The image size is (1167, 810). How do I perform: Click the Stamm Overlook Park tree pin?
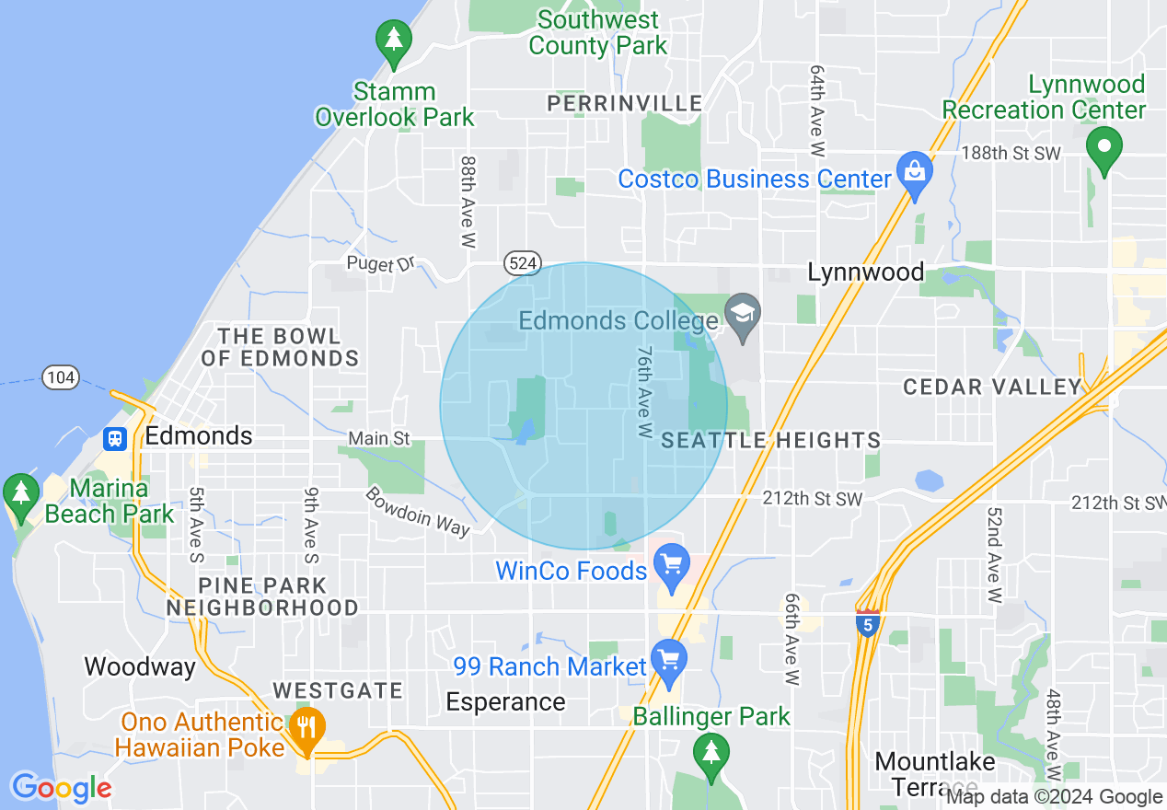[394, 41]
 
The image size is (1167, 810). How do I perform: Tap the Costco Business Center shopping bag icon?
[914, 172]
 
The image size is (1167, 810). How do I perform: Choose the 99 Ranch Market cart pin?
[669, 660]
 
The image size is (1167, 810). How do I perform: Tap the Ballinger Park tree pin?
[710, 753]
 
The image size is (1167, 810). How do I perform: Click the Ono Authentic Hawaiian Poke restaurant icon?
[306, 726]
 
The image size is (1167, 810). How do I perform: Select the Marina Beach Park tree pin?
[20, 492]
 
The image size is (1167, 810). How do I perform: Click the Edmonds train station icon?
[115, 438]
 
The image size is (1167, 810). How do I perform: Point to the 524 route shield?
[521, 263]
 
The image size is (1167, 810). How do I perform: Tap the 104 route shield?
[60, 376]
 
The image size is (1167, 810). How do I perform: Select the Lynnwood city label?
[865, 272]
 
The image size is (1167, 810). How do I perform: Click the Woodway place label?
[140, 666]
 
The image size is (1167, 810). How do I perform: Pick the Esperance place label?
[505, 702]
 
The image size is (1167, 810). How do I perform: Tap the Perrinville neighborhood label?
[625, 104]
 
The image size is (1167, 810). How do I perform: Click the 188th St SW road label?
[1011, 153]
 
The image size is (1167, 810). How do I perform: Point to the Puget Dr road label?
[381, 264]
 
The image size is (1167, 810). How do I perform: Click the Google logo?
[62, 788]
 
